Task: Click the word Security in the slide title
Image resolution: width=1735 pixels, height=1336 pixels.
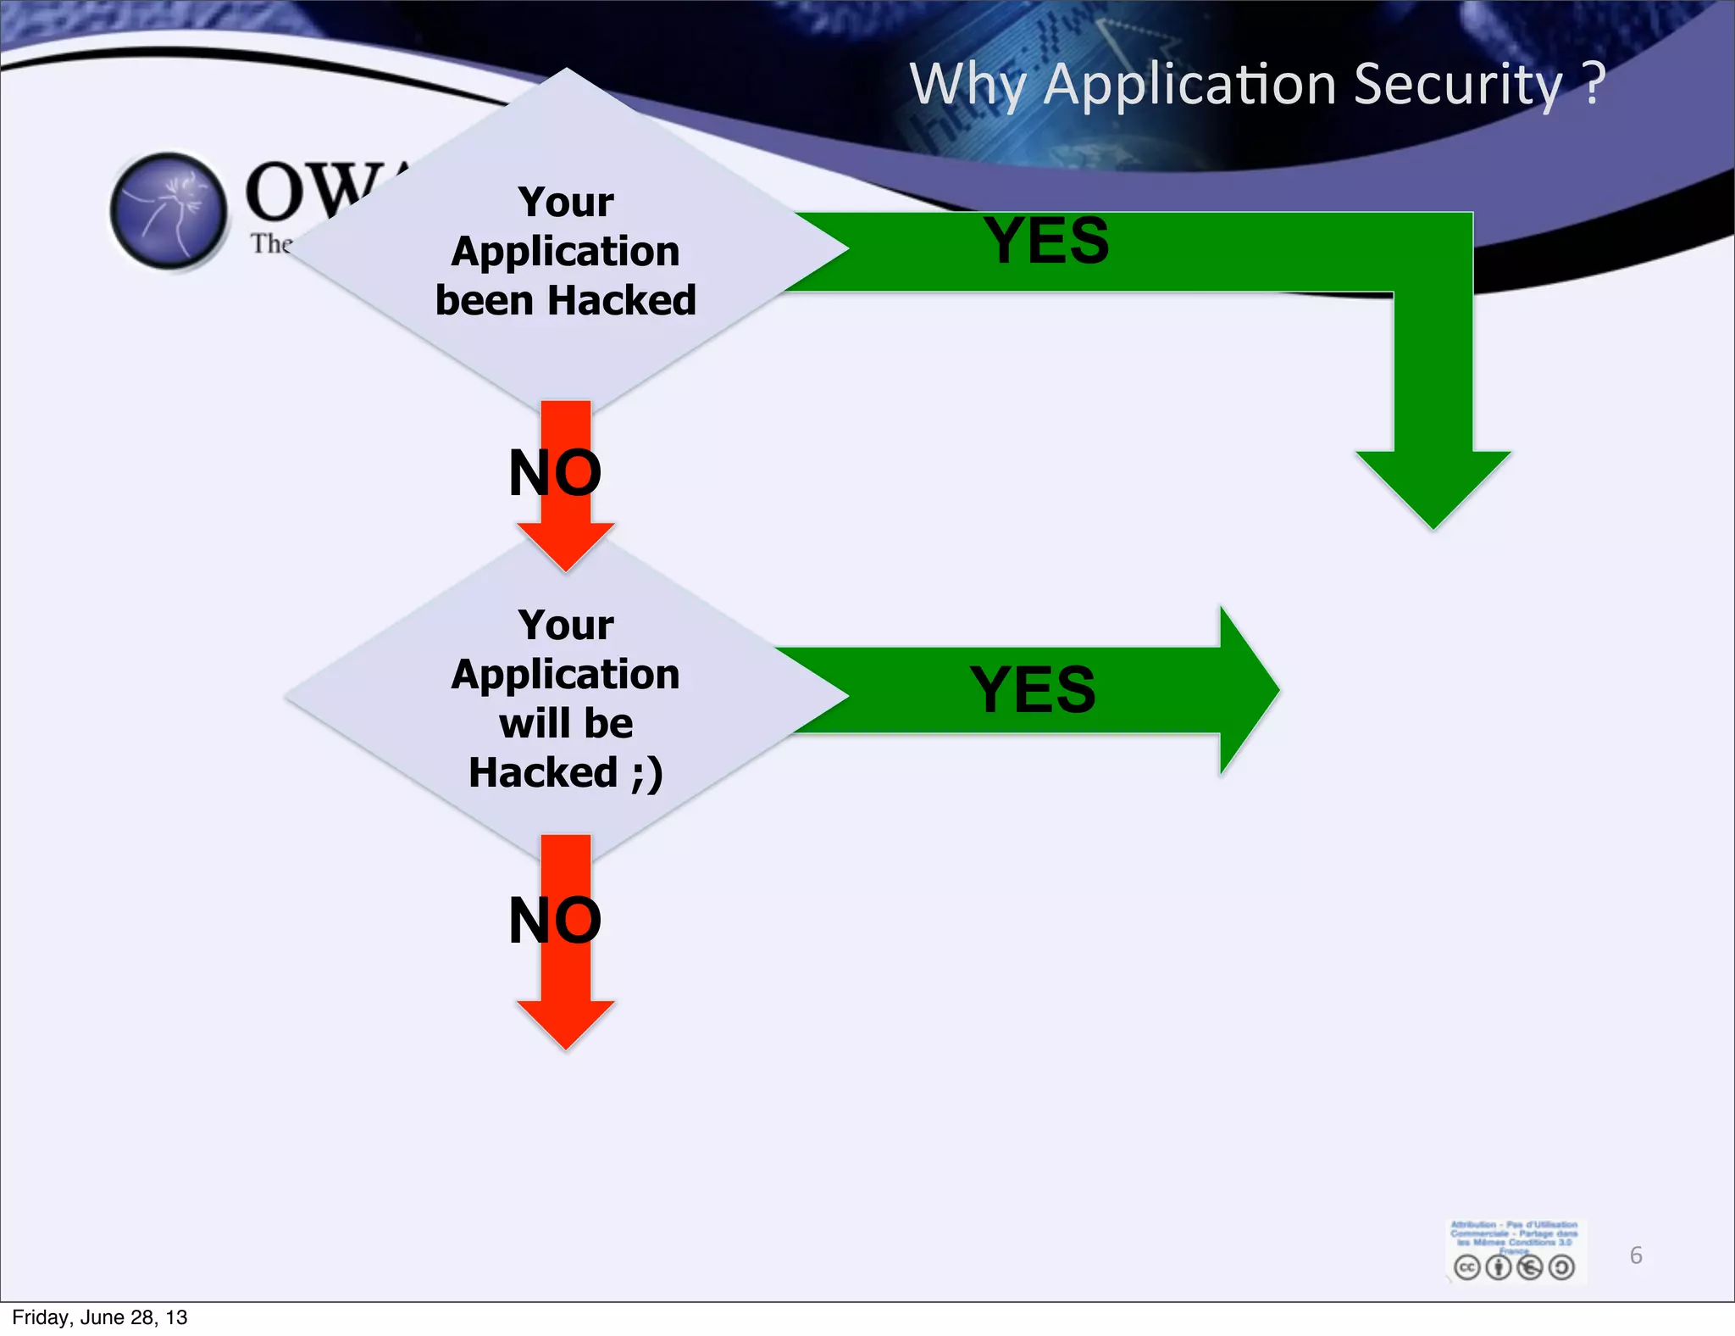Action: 1457,85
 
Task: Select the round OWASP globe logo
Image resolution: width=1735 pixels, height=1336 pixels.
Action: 169,211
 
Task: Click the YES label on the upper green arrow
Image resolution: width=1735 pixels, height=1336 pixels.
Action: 1046,241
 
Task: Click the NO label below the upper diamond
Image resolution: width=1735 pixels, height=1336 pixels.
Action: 555,472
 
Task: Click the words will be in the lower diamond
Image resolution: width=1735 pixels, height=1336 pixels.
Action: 566,723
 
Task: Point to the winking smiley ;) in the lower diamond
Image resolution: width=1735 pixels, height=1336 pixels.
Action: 646,773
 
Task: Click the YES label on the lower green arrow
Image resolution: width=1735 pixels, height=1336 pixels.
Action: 1033,689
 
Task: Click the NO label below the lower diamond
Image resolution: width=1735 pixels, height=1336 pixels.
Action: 555,921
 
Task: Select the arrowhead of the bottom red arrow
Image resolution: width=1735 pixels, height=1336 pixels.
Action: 566,1023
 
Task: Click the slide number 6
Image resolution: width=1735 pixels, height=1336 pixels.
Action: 1636,1255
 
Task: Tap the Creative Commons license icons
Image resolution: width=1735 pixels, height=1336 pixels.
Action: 1514,1267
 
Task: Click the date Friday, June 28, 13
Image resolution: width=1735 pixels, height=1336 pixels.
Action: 100,1317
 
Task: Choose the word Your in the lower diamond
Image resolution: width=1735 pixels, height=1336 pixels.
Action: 566,626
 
